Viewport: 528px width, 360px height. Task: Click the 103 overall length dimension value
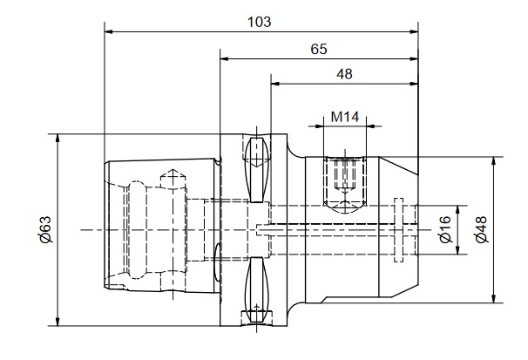pyautogui.click(x=259, y=22)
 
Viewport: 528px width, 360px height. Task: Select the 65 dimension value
pyautogui.click(x=319, y=49)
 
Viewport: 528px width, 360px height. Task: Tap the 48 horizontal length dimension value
pyautogui.click(x=344, y=74)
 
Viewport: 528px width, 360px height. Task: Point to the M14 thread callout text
pyautogui.click(x=345, y=117)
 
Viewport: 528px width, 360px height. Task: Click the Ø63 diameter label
pyautogui.click(x=45, y=229)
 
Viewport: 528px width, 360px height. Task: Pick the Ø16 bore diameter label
pyautogui.click(x=445, y=229)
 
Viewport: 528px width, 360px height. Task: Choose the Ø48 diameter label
pyautogui.click(x=482, y=229)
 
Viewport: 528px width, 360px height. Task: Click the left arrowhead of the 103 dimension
pyautogui.click(x=108, y=32)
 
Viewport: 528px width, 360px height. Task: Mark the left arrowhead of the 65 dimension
pyautogui.click(x=224, y=59)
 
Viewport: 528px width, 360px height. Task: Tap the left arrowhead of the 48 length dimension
pyautogui.click(x=275, y=84)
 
